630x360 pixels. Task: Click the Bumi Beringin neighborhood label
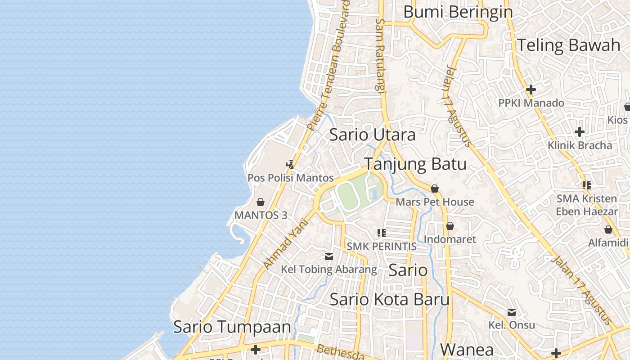(x=458, y=12)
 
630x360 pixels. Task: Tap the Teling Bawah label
(x=569, y=45)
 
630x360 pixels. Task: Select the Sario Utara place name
(x=373, y=135)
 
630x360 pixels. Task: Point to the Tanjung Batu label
(x=415, y=164)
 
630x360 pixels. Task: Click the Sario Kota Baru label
(x=390, y=300)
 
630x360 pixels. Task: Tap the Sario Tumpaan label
(x=232, y=327)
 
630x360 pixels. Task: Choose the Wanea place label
(x=467, y=349)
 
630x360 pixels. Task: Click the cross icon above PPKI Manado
(x=531, y=90)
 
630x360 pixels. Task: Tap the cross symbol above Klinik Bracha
(x=580, y=132)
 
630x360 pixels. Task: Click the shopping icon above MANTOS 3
(x=261, y=202)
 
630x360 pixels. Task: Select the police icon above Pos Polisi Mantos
(x=291, y=165)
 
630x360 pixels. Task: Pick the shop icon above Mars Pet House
(x=435, y=189)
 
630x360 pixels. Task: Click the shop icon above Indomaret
(x=450, y=226)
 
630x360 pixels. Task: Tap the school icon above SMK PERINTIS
(x=382, y=233)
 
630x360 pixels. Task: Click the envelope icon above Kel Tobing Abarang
(x=329, y=256)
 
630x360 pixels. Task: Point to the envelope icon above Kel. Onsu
(x=512, y=312)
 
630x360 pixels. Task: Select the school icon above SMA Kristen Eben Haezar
(x=586, y=185)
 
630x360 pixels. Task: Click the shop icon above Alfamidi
(x=608, y=230)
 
